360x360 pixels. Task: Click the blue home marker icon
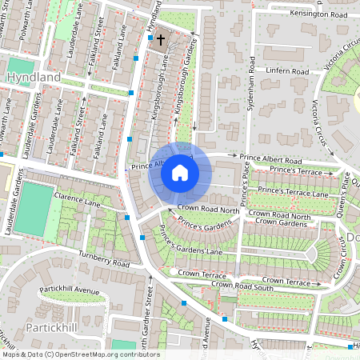click(x=180, y=172)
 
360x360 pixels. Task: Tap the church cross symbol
click(x=160, y=39)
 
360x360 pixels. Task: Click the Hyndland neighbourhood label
click(x=33, y=76)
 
